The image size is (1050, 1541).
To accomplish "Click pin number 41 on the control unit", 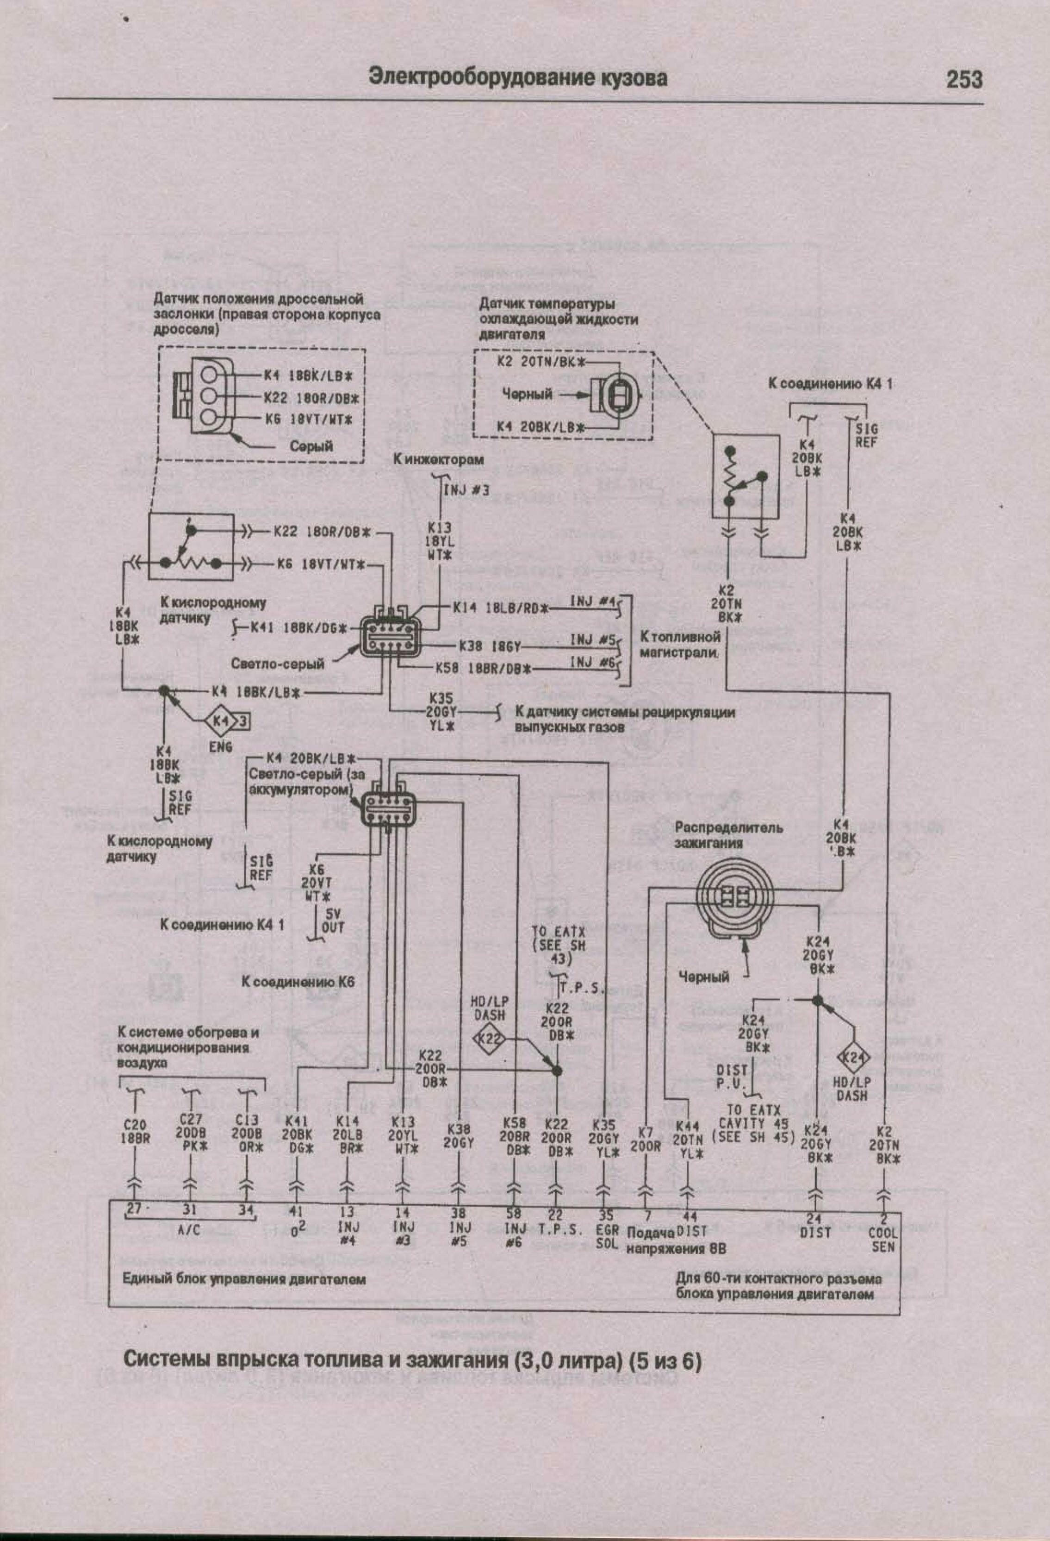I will [x=296, y=1211].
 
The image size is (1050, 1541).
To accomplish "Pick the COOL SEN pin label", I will [x=883, y=1240].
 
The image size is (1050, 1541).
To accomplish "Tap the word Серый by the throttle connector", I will [x=311, y=446].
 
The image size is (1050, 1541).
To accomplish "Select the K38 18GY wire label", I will [x=490, y=646].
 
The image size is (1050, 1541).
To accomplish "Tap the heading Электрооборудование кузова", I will [x=518, y=78].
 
